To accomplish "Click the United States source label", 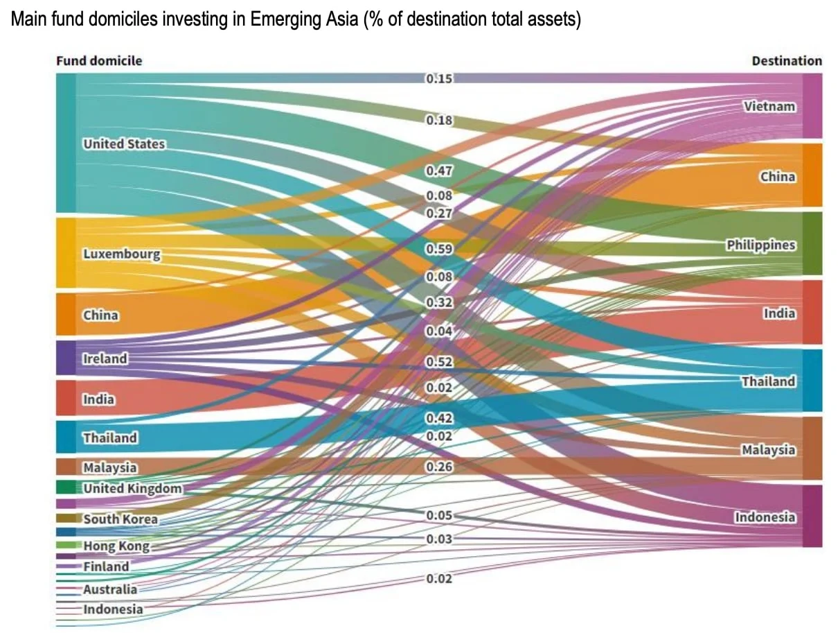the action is pyautogui.click(x=124, y=144).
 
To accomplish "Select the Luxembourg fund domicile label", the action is pyautogui.click(x=122, y=254).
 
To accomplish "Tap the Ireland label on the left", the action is pyautogui.click(x=105, y=358).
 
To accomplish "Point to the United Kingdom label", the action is pyautogui.click(x=132, y=489).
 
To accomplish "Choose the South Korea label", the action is pyautogui.click(x=121, y=519).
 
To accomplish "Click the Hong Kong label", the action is pyautogui.click(x=116, y=546).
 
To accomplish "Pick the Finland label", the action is pyautogui.click(x=106, y=566).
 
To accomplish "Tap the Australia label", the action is pyautogui.click(x=110, y=589).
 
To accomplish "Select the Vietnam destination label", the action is pyautogui.click(x=769, y=106).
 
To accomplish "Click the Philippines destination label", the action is pyautogui.click(x=761, y=245).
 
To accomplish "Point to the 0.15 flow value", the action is pyautogui.click(x=439, y=79).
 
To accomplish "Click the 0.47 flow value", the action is pyautogui.click(x=439, y=171).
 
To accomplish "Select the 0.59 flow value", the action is pyautogui.click(x=439, y=249).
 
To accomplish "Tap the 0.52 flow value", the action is pyautogui.click(x=439, y=362).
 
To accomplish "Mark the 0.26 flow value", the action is pyautogui.click(x=439, y=467).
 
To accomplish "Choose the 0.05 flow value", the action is pyautogui.click(x=439, y=515).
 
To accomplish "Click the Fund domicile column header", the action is pyautogui.click(x=99, y=61).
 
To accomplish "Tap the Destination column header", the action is pyautogui.click(x=787, y=61).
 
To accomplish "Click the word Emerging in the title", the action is pyautogui.click(x=285, y=19).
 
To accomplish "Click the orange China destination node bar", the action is pyautogui.click(x=812, y=175).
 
